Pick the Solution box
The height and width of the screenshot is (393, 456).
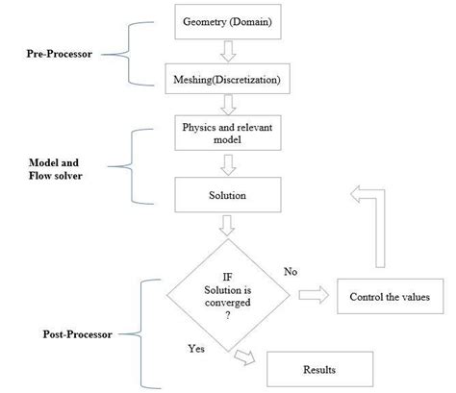point(228,195)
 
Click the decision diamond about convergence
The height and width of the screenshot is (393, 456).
point(228,292)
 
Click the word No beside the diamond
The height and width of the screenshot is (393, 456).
point(291,272)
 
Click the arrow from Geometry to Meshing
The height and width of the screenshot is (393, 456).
point(228,50)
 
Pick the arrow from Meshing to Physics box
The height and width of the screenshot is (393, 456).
point(228,106)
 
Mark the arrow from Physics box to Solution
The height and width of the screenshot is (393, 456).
point(228,164)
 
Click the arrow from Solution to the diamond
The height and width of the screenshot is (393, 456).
point(228,227)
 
